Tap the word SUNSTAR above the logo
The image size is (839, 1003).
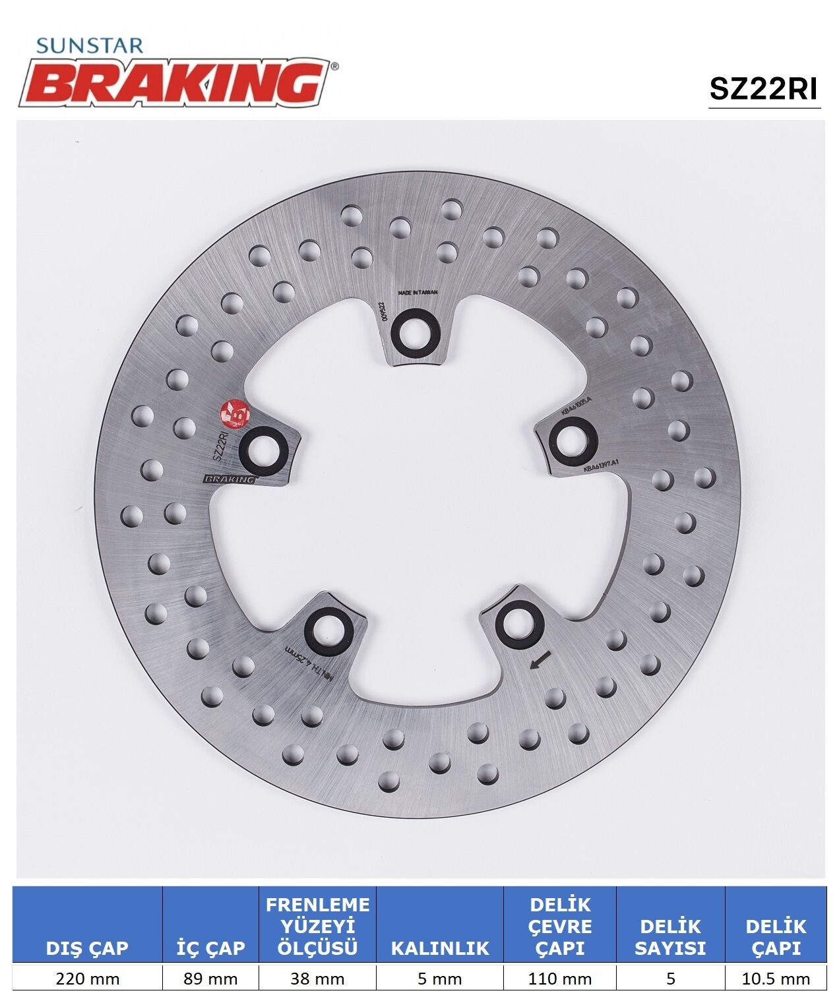click(89, 45)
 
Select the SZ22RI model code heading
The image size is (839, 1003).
click(763, 88)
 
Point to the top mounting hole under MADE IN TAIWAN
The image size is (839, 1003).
click(412, 332)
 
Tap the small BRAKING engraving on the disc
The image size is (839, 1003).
click(230, 479)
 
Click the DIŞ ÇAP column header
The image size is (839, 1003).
click(87, 948)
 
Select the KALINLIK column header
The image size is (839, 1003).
click(440, 948)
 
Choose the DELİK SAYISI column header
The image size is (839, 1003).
click(670, 936)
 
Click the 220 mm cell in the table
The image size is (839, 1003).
click(87, 978)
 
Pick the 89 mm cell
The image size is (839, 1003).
click(210, 978)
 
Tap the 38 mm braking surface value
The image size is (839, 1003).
click(317, 978)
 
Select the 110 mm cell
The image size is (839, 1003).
click(559, 978)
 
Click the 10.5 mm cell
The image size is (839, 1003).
click(776, 978)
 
